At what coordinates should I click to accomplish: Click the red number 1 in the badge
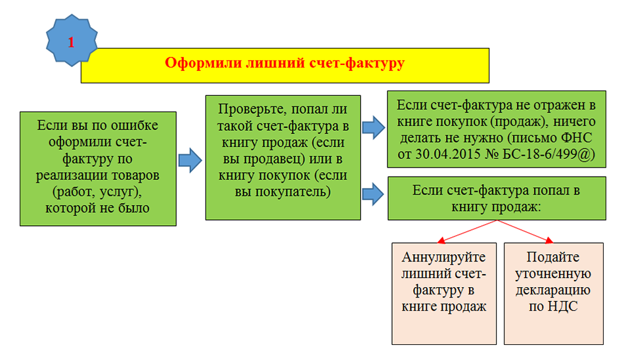pos(71,42)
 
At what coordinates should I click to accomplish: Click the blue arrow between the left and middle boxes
pos(190,160)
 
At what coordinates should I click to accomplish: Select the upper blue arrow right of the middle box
pos(374,127)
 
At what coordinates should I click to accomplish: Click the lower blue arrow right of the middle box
pos(373,194)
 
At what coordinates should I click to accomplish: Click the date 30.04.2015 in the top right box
pos(448,154)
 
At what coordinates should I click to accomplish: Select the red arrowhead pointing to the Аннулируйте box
pos(441,240)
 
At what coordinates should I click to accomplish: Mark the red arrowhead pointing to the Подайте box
pos(549,240)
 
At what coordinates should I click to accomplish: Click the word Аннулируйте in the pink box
pos(444,258)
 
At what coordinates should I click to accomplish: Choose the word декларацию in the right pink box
pos(553,290)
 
